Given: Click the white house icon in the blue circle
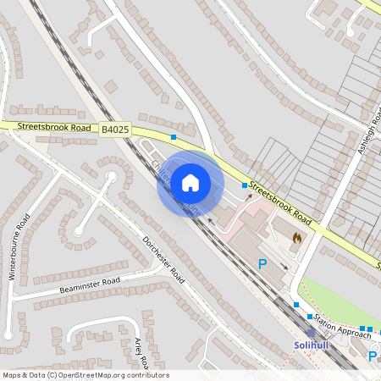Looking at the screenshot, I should [190, 182].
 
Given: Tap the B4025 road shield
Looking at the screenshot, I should [115, 129].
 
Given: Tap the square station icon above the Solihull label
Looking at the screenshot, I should [311, 334].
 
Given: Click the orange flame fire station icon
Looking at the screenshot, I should [295, 240].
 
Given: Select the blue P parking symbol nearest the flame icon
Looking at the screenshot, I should [262, 264].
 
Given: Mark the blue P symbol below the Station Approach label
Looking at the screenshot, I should [373, 357].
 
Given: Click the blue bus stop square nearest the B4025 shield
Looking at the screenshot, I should [174, 136].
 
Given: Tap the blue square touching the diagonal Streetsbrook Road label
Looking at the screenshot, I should [245, 185].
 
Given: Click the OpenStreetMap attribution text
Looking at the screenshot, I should [85, 375].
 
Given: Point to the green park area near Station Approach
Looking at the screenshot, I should [334, 296].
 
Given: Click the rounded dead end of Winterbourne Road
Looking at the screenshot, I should [78, 230].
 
